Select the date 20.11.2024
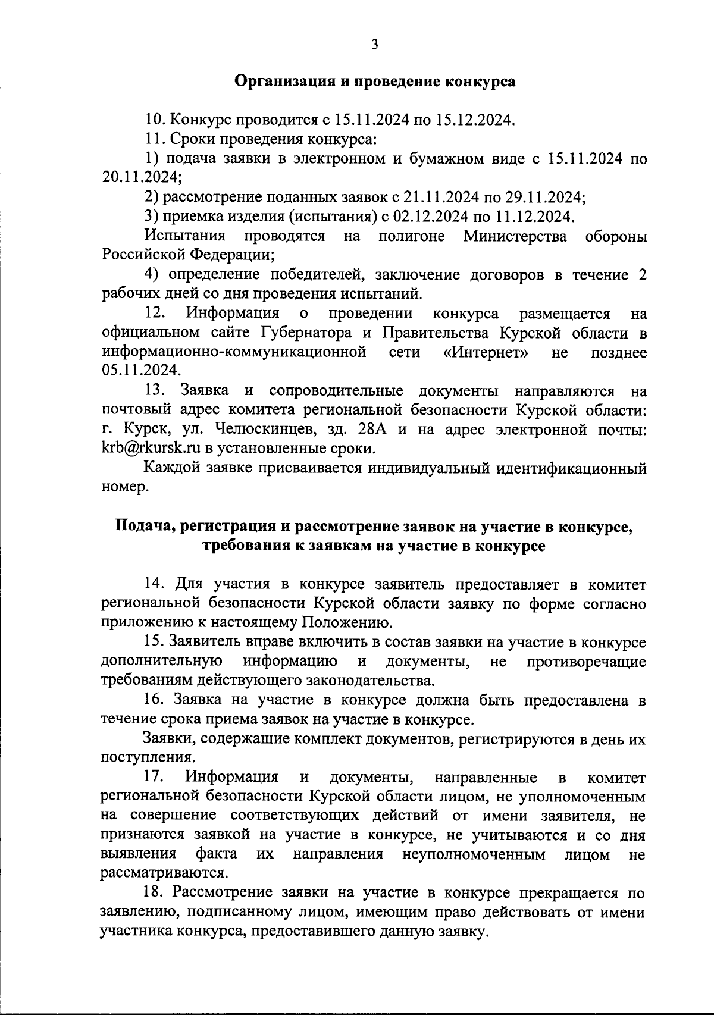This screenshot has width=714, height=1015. pyautogui.click(x=141, y=177)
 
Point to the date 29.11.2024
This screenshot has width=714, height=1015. pyautogui.click(x=544, y=197)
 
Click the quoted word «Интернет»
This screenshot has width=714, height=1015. pyautogui.click(x=487, y=352)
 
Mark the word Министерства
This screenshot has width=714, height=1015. pyautogui.click(x=515, y=236)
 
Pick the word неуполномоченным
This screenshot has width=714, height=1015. pyautogui.click(x=474, y=854)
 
